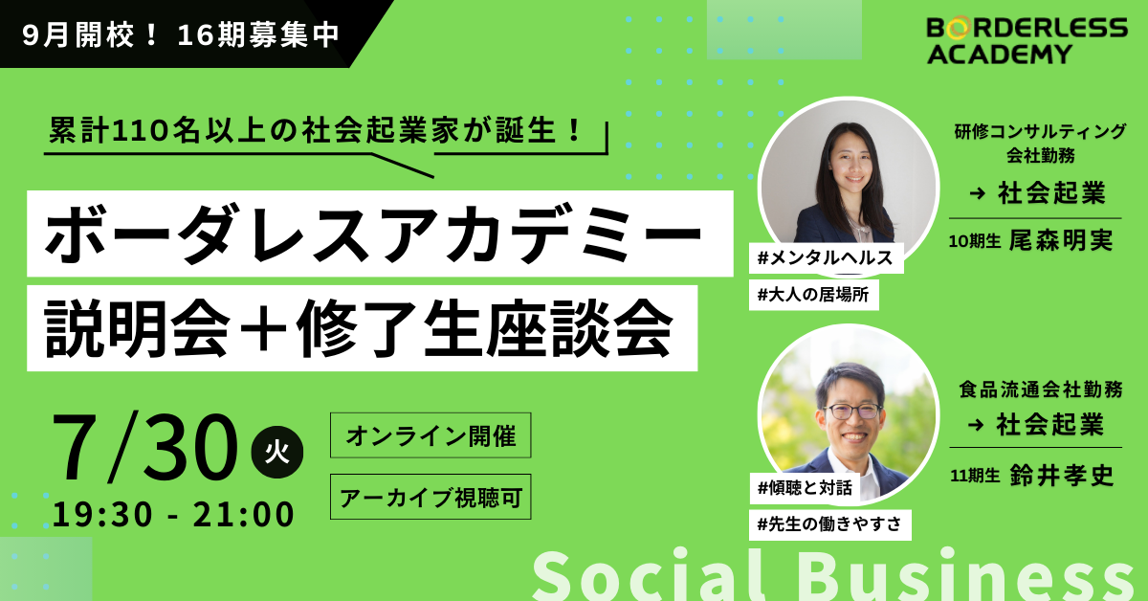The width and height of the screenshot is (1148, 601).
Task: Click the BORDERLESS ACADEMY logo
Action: pos(1027,40)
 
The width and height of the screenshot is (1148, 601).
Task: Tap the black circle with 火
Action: pos(276,452)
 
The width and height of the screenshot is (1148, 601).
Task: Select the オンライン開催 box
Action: pos(430,435)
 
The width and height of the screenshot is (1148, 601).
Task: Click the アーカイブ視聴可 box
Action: pos(430,497)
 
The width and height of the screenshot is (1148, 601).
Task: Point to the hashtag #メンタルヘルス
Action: pos(826,258)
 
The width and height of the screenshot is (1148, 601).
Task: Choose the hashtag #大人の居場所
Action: pos(814,295)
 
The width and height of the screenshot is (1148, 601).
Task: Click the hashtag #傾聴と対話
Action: pos(806,488)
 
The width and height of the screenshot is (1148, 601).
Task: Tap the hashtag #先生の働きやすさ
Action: pos(829,524)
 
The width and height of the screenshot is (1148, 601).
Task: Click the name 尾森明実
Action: pos(1061,240)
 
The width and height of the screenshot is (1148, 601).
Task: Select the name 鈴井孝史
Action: pos(1062,476)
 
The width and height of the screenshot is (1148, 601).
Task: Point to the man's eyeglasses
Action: pos(852,412)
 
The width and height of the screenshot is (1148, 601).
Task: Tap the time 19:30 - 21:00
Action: pos(173,514)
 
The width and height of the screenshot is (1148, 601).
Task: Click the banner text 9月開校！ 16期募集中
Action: pos(181,34)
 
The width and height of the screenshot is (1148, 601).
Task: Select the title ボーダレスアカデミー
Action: pos(374,234)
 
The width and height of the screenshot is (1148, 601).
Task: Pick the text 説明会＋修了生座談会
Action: pos(358,328)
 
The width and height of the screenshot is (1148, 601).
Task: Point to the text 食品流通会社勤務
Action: pos(1041,390)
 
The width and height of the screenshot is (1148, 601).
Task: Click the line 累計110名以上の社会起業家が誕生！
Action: pos(315,130)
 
